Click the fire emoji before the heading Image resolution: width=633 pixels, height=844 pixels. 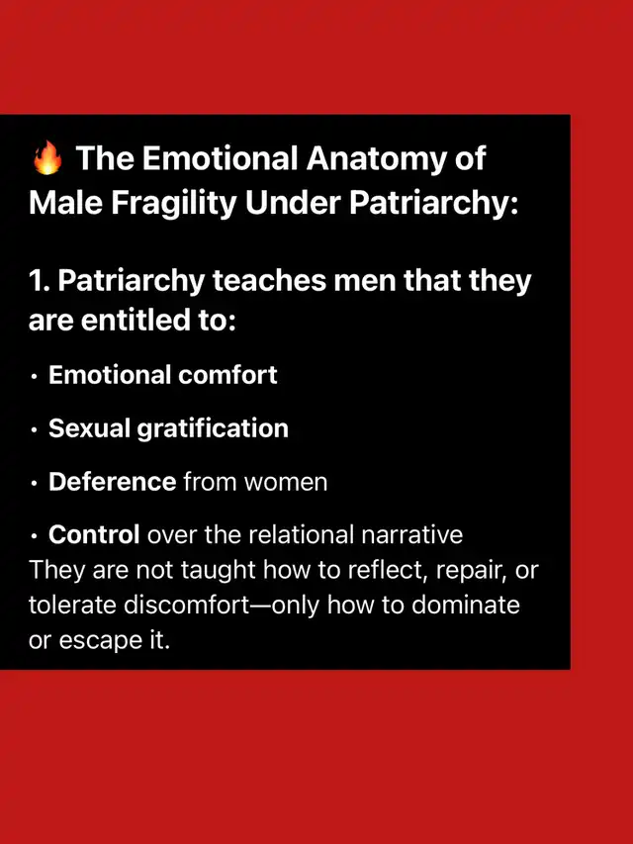[47, 157]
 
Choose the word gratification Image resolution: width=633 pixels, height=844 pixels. [213, 429]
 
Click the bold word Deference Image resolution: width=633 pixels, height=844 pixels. [112, 481]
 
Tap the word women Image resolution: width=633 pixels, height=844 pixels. [285, 482]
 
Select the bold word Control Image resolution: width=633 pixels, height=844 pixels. [94, 534]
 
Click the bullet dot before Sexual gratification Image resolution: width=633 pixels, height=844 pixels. [35, 430]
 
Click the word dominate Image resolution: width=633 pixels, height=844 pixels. [466, 606]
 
